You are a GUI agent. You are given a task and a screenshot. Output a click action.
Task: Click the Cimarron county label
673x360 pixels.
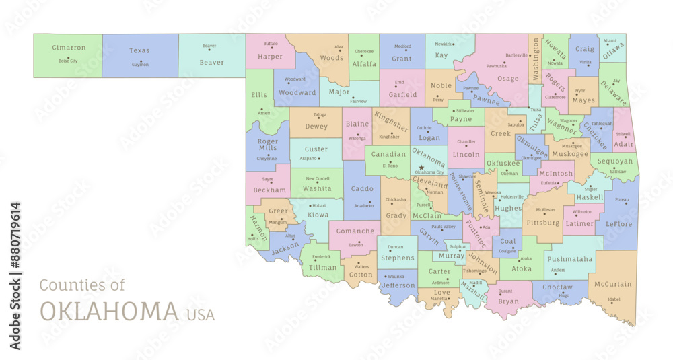(x=69, y=48)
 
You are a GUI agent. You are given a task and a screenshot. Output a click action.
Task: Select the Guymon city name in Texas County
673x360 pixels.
(x=139, y=65)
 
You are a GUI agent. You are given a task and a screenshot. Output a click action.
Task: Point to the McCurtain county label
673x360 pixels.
(x=613, y=284)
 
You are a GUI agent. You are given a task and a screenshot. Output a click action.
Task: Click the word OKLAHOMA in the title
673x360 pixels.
(x=109, y=312)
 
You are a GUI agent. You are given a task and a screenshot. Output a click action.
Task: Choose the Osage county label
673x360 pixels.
(x=508, y=79)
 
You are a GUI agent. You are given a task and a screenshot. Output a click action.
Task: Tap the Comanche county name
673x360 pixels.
(x=355, y=231)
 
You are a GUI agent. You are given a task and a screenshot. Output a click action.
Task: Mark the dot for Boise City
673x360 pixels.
(x=68, y=57)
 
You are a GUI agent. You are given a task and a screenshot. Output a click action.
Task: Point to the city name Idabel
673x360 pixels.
(x=613, y=299)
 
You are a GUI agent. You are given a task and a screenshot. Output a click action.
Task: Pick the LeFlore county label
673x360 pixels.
(x=620, y=224)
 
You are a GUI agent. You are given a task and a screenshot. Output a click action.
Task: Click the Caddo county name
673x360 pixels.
(x=362, y=189)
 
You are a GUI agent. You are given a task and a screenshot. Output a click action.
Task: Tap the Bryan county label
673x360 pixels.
(x=508, y=302)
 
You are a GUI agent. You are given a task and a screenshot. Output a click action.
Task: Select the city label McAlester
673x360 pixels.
(x=546, y=209)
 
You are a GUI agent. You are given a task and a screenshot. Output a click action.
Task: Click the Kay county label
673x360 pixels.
(x=441, y=55)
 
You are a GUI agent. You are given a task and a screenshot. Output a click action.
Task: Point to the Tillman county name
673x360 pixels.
(x=322, y=267)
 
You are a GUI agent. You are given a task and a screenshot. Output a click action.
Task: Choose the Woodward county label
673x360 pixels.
(x=297, y=93)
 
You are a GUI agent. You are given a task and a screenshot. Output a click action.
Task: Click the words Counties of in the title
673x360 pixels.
(x=82, y=285)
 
